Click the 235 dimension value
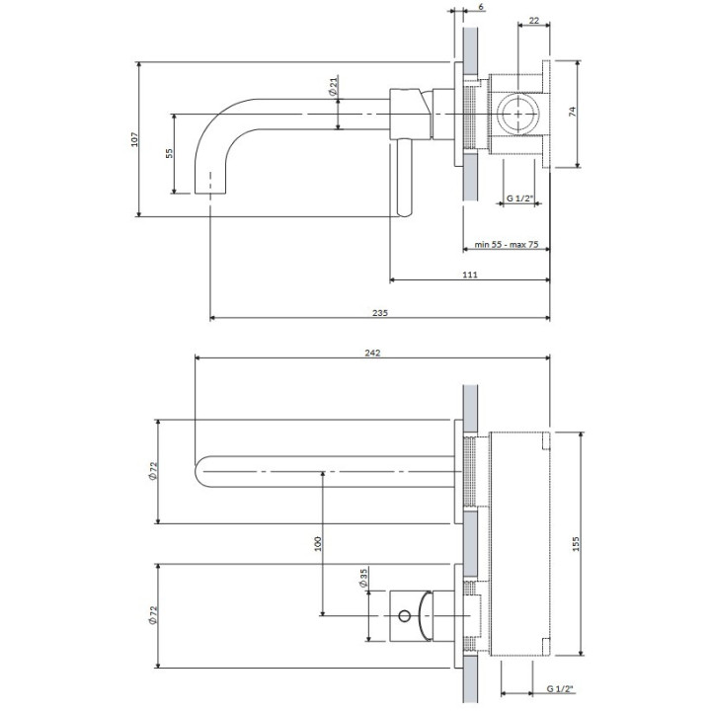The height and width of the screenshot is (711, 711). pyautogui.click(x=380, y=312)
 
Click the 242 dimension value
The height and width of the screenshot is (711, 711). pyautogui.click(x=372, y=353)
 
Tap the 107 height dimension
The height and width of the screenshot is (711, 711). pyautogui.click(x=134, y=139)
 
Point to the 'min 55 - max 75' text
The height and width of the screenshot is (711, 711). pyautogui.click(x=507, y=244)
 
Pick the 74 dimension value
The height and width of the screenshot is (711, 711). pyautogui.click(x=572, y=114)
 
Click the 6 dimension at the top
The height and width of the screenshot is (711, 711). pyautogui.click(x=481, y=8)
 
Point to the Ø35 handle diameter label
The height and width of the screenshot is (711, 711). pyautogui.click(x=363, y=577)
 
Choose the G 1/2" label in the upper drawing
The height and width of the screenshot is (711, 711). pyautogui.click(x=519, y=199)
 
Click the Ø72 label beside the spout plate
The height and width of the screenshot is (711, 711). pyautogui.click(x=153, y=472)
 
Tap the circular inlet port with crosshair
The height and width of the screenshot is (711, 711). pyautogui.click(x=517, y=115)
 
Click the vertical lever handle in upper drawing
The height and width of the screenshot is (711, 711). pyautogui.click(x=404, y=178)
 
